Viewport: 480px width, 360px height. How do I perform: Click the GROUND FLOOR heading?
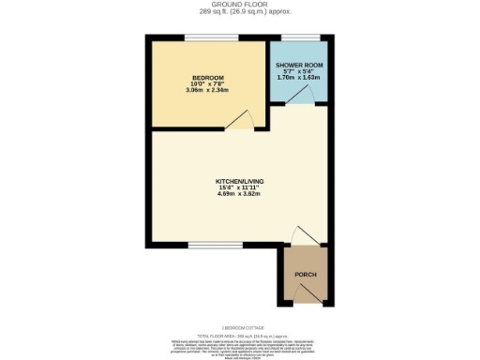[239, 5]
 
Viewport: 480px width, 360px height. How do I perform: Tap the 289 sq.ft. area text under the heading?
[239, 13]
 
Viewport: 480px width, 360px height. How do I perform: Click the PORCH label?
[306, 274]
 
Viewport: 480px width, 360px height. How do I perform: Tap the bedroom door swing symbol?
[241, 119]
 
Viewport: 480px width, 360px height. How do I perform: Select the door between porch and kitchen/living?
[304, 236]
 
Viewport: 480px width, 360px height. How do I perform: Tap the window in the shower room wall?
[298, 38]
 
